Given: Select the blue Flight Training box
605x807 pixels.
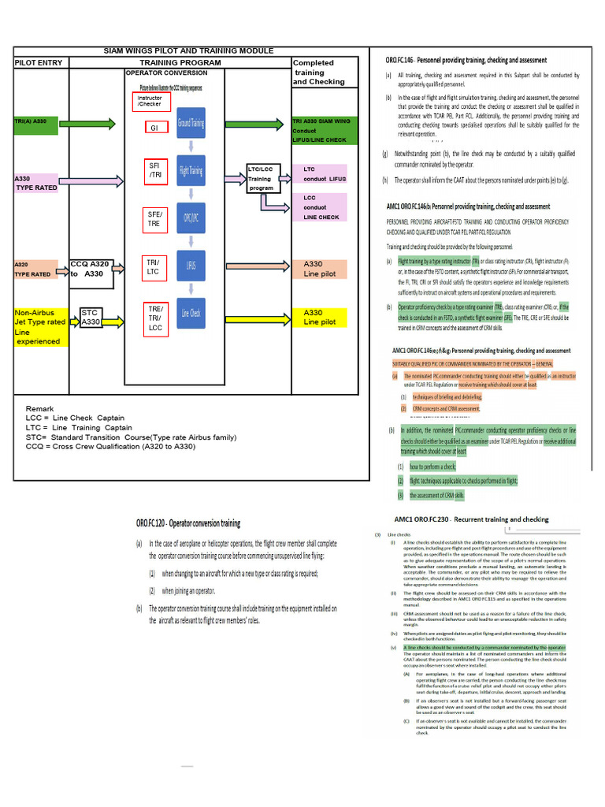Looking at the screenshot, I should point(190,170).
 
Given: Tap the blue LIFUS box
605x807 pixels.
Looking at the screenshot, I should point(190,266).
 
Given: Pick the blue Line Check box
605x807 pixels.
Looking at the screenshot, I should point(190,314).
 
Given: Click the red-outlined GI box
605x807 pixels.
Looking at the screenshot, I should point(154,128).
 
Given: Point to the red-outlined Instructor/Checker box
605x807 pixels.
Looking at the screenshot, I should point(151,101).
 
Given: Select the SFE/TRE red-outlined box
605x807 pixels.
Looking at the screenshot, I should point(154,219).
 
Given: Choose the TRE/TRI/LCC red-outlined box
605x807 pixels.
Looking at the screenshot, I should point(154,318).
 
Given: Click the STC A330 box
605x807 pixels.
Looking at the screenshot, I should point(91,318).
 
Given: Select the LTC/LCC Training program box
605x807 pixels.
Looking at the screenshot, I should point(262,179).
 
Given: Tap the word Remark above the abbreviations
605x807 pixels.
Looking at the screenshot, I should point(40,409).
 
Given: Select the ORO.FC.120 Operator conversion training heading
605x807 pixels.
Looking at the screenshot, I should point(188,523).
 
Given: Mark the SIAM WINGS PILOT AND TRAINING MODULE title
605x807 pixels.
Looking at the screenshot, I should point(189,50).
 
